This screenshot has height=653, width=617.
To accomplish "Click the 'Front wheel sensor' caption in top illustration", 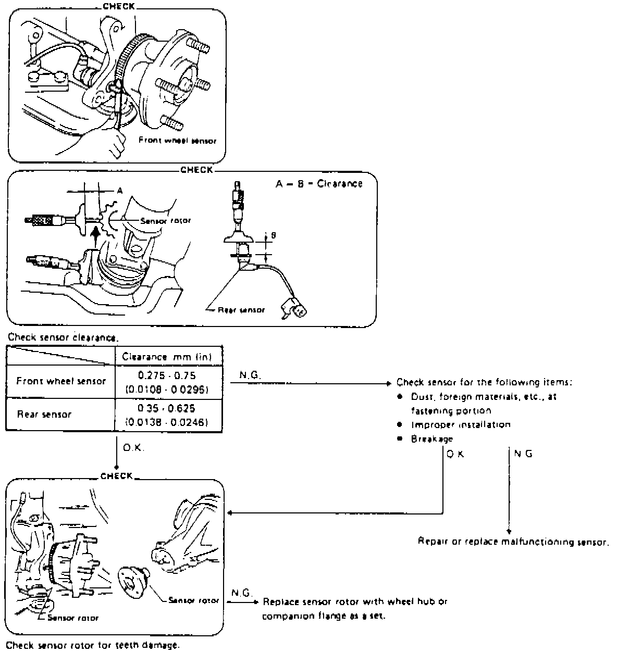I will click(177, 141).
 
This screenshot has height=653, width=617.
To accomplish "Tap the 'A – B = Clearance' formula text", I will click(318, 184).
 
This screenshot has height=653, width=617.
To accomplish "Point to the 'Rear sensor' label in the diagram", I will click(241, 310).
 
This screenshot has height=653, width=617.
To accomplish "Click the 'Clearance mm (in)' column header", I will click(168, 357).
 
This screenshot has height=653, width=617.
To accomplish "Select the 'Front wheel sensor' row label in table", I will click(61, 381).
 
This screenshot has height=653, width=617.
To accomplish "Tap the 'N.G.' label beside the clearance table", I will click(248, 375).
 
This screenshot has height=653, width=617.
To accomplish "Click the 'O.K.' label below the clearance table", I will click(133, 448).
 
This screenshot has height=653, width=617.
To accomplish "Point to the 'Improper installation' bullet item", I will click(461, 424).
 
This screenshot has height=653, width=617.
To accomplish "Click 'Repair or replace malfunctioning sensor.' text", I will click(513, 542).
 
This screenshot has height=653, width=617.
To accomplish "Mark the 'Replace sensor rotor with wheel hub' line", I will click(355, 602).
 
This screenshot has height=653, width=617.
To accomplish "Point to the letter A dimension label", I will click(119, 191).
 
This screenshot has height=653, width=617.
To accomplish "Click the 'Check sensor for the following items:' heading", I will click(485, 382).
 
